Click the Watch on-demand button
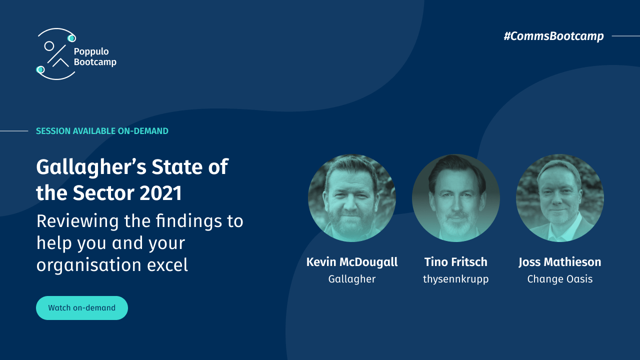pyautogui.click(x=82, y=308)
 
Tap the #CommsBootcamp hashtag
pyautogui.click(x=553, y=36)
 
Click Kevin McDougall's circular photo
pyautogui.click(x=352, y=198)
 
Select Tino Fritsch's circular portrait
pyautogui.click(x=456, y=198)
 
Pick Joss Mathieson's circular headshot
pyautogui.click(x=560, y=198)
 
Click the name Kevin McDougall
pyautogui.click(x=352, y=262)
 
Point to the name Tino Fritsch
pyautogui.click(x=456, y=262)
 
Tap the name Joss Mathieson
pyautogui.click(x=560, y=262)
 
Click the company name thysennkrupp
pyautogui.click(x=456, y=279)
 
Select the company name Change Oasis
pyautogui.click(x=560, y=279)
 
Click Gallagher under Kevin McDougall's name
pyautogui.click(x=352, y=279)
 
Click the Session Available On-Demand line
pyautogui.click(x=102, y=131)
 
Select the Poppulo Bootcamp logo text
pyautogui.click(x=95, y=56)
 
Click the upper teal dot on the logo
pyautogui.click(x=71, y=38)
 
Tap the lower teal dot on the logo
pyautogui.click(x=40, y=69)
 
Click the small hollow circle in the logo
pyautogui.click(x=49, y=46)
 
